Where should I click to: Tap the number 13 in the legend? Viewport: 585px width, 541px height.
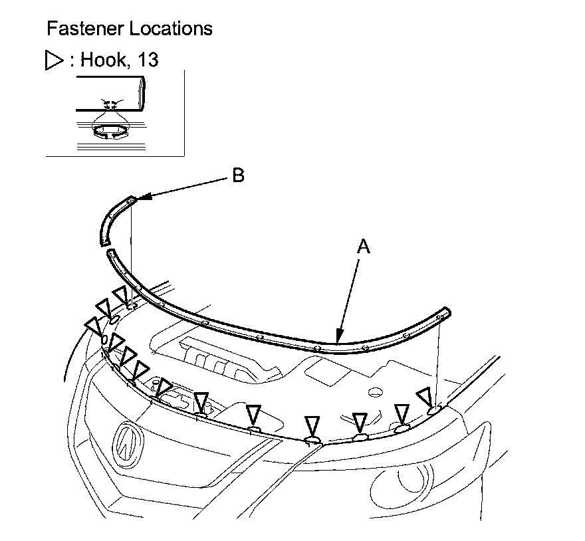coord(148,60)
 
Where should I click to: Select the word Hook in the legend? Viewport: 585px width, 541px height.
coord(106,60)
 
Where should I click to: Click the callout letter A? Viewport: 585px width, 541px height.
coord(363,247)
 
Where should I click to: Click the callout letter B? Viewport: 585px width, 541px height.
coord(237,175)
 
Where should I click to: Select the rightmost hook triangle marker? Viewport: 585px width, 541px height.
coord(425,397)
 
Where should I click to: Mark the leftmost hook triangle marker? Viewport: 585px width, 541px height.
coord(92,326)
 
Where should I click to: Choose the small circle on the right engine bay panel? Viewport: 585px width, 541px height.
coord(375,392)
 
